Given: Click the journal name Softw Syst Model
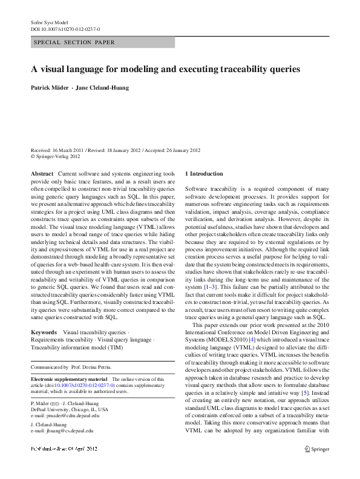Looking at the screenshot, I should (x=49, y=22).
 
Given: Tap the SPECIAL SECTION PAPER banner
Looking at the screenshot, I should (x=74, y=42).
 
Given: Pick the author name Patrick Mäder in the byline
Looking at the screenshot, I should (x=49, y=88).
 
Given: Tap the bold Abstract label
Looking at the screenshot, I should (x=42, y=173).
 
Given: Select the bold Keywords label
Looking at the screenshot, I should (x=44, y=332).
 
